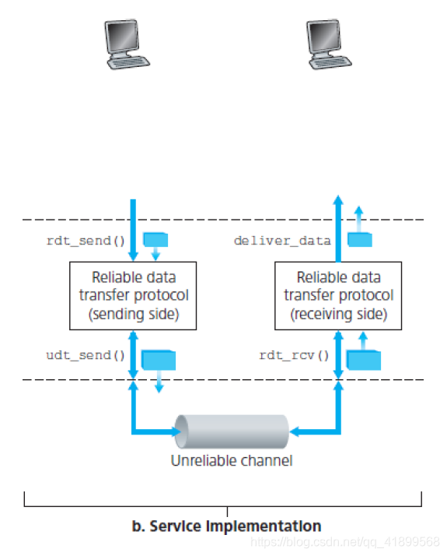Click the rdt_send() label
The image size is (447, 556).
pos(86,241)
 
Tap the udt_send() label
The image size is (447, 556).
pos(86,355)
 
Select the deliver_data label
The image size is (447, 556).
pos(282,241)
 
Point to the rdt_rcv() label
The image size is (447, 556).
pos(295,355)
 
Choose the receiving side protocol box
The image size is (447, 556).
pos(338,295)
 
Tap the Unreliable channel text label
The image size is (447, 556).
pos(232,460)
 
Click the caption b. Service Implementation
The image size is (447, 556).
pos(226,526)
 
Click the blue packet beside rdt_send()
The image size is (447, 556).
pos(155,239)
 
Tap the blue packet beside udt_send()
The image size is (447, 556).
pos(159,359)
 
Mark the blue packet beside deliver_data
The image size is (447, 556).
pos(359,240)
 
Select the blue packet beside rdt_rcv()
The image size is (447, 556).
pos(363,359)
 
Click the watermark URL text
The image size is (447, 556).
pos(358,542)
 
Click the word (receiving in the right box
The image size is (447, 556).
pos(319,314)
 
